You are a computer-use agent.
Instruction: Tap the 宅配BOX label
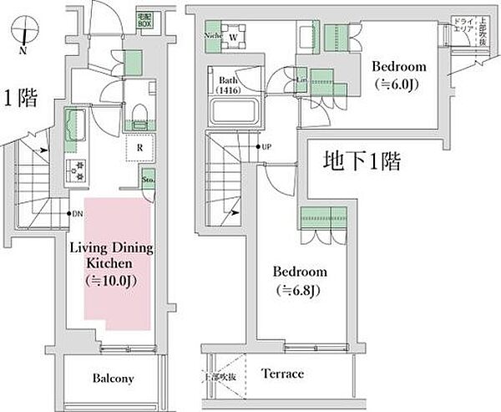(x=144, y=19)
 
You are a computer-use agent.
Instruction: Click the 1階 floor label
(x=20, y=99)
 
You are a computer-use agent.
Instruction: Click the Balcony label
(x=113, y=379)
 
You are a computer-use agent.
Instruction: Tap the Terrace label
(x=282, y=373)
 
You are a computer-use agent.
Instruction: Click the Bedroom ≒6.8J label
(x=299, y=281)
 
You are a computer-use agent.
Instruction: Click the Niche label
(x=211, y=37)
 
